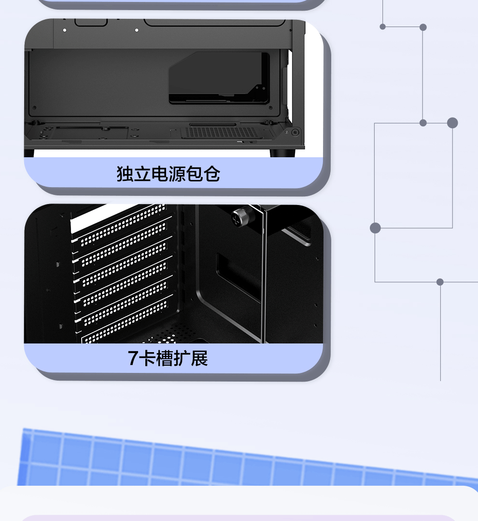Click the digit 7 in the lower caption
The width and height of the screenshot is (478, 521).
[133, 358]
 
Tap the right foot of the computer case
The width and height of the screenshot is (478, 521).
[282, 153]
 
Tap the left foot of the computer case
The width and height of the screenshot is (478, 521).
[29, 153]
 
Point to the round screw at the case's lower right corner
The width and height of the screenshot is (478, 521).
[295, 132]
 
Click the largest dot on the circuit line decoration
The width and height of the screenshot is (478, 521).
[452, 123]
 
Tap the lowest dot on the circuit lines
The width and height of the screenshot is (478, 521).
[440, 282]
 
